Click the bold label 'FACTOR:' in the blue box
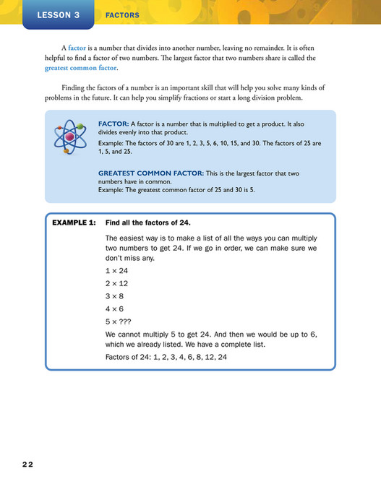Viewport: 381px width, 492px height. pyautogui.click(x=114, y=124)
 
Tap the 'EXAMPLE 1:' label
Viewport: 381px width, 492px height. pyautogui.click(x=74, y=223)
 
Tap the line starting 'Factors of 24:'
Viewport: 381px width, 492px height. pyautogui.click(x=166, y=357)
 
